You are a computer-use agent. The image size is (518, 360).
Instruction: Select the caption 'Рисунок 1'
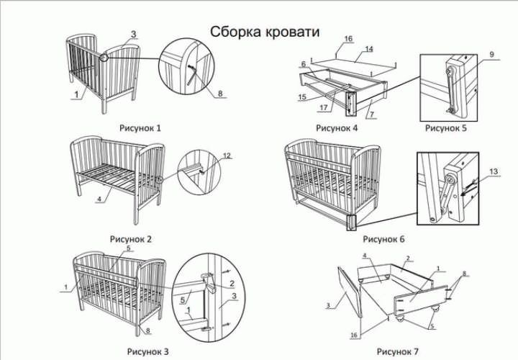click(140, 127)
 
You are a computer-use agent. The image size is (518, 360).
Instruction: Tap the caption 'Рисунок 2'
click(130, 238)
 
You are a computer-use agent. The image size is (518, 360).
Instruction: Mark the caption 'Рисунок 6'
click(385, 238)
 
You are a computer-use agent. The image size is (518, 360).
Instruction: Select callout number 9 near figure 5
click(492, 55)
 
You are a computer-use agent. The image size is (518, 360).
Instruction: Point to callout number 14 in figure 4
click(369, 50)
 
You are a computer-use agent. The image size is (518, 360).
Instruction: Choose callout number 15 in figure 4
click(302, 96)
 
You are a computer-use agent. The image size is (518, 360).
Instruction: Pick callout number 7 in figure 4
click(370, 115)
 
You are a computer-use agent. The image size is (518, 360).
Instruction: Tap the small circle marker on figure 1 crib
click(105, 57)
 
